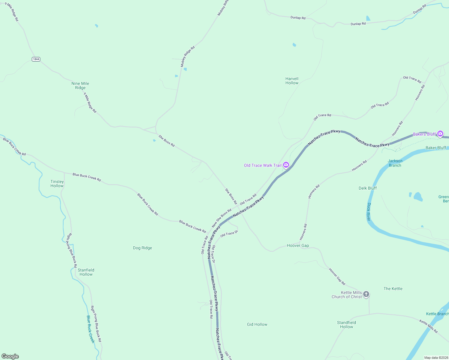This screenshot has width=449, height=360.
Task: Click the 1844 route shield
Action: point(36,59)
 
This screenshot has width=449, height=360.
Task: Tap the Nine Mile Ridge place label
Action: point(80,85)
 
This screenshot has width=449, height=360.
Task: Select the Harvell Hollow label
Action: point(292,81)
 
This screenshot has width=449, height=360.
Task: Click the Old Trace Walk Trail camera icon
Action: point(286,165)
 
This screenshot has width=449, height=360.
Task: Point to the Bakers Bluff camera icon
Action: point(440,134)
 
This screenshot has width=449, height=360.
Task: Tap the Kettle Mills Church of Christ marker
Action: point(366,294)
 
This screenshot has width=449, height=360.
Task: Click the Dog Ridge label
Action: point(142,248)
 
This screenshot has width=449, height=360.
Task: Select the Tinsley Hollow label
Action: point(57,184)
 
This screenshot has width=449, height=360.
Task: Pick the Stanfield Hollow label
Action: point(86,272)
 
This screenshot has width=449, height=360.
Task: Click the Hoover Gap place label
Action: point(298,245)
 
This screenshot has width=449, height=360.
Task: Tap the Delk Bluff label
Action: point(367,188)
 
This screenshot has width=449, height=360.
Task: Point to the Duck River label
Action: point(369,211)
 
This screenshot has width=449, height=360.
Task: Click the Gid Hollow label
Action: point(257,324)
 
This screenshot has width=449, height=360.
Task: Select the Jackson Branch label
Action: point(395,163)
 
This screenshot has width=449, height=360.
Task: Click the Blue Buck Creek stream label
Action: point(90,329)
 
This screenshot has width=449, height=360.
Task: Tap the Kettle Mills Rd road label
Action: point(428,326)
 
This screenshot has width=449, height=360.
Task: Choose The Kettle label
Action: point(393,289)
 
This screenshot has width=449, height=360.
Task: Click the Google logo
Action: point(10,356)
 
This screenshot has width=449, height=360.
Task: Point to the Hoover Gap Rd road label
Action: point(337,277)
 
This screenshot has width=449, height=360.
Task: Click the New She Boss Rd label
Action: point(221,218)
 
